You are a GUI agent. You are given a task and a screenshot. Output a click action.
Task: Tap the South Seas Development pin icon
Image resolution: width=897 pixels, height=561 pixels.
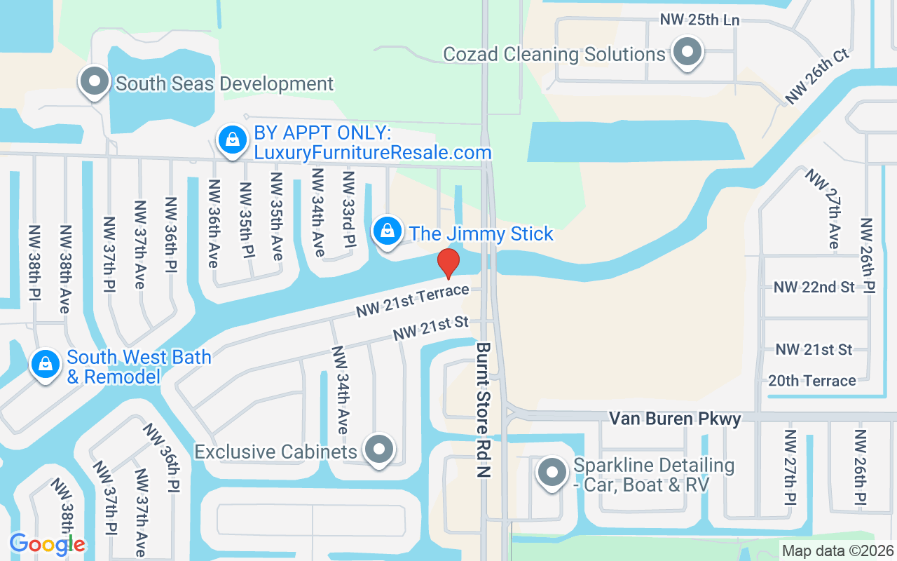point(95,83)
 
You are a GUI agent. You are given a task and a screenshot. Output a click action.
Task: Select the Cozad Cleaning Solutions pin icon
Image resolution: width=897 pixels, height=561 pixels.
point(687,53)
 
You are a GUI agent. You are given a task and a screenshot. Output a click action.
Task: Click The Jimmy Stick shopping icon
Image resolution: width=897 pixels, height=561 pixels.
point(386,231)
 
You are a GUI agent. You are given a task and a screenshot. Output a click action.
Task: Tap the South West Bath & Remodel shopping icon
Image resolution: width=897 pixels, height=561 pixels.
point(46,365)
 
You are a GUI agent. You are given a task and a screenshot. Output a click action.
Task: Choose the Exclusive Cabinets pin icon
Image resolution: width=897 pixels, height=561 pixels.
point(380,449)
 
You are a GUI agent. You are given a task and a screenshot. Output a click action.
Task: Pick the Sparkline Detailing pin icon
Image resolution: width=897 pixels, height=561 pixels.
point(552,473)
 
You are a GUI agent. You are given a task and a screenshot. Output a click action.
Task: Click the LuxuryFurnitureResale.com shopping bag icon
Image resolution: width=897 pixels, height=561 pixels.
point(233,140)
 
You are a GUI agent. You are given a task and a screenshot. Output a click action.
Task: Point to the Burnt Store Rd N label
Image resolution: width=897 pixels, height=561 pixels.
point(484,410)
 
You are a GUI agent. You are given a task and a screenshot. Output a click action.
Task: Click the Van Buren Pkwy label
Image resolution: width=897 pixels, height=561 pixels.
point(674,419)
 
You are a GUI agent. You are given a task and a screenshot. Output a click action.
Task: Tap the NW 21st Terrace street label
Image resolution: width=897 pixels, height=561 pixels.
point(412,301)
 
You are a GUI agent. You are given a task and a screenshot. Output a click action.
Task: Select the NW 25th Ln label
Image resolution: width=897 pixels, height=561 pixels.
point(699,20)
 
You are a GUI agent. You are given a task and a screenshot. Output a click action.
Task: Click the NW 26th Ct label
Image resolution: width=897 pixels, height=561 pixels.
point(817,76)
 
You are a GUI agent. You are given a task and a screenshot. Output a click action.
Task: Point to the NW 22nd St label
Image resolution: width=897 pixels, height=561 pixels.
point(814,287)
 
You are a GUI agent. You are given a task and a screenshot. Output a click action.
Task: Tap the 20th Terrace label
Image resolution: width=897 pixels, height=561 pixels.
point(812,381)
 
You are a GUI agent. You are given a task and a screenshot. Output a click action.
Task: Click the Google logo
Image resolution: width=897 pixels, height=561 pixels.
point(47,543)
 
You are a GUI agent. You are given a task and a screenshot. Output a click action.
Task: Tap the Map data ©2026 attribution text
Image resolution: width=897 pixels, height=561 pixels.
point(837,550)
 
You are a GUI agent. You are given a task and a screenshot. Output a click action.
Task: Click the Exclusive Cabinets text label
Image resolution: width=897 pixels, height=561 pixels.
point(275,451)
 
